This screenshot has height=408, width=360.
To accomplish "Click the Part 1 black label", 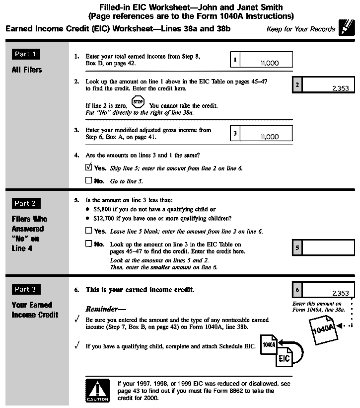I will coord(26,54).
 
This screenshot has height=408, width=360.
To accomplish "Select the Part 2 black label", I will coord(26,203).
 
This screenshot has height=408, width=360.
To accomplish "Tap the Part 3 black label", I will coord(26,289).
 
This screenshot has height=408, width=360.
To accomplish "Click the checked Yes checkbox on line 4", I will coord(89,167).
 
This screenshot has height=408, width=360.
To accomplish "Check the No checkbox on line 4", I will coord(89,181).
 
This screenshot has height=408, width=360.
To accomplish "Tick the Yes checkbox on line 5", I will coord(89,231).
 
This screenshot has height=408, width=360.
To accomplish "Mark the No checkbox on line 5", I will coord(89,244).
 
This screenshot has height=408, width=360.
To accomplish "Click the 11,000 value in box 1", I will coord(269,63).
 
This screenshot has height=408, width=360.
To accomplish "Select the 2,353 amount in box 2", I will coord(340,88).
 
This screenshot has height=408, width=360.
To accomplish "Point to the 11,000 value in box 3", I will coord(269,137).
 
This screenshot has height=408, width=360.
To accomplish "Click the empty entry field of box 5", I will coord(328,247).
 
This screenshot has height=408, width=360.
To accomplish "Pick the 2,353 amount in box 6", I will coord(340,293).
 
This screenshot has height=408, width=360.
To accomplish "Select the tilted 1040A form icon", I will coord(323,330).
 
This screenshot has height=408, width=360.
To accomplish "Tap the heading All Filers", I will coord(27,70).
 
